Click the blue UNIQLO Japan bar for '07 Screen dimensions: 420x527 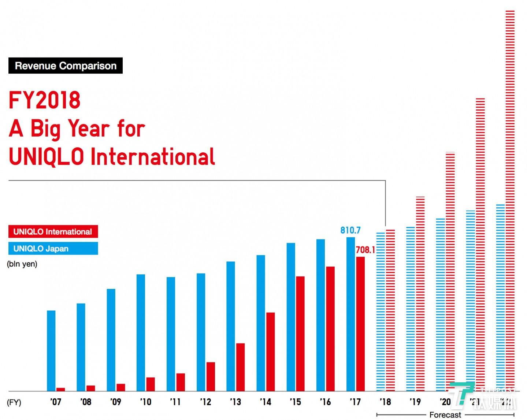pyautogui.click(x=51, y=351)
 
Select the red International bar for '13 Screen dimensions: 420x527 pyautogui.click(x=240, y=367)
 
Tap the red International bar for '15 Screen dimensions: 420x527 pyautogui.click(x=300, y=334)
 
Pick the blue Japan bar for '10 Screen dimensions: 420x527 pyautogui.click(x=141, y=332)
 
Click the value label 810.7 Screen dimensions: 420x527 pyautogui.click(x=350, y=230)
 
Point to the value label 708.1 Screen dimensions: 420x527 pyautogui.click(x=365, y=250)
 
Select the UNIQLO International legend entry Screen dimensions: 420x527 pyautogui.click(x=53, y=231)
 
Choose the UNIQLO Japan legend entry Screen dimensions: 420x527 pyautogui.click(x=53, y=249)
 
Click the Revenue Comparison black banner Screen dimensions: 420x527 pyautogui.click(x=66, y=66)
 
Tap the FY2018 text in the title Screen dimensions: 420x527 pyautogui.click(x=44, y=100)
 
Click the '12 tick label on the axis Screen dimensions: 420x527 pyautogui.click(x=205, y=402)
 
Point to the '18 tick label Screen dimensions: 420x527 pyautogui.click(x=385, y=402)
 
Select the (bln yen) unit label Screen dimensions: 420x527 pyautogui.click(x=22, y=264)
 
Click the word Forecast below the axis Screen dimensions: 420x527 pyautogui.click(x=445, y=415)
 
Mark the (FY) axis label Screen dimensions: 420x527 pyautogui.click(x=14, y=402)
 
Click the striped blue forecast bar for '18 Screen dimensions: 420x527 pyautogui.click(x=381, y=311)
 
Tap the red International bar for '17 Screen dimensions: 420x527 pyautogui.click(x=360, y=324)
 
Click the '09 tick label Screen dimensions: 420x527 pyautogui.click(x=115, y=402)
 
